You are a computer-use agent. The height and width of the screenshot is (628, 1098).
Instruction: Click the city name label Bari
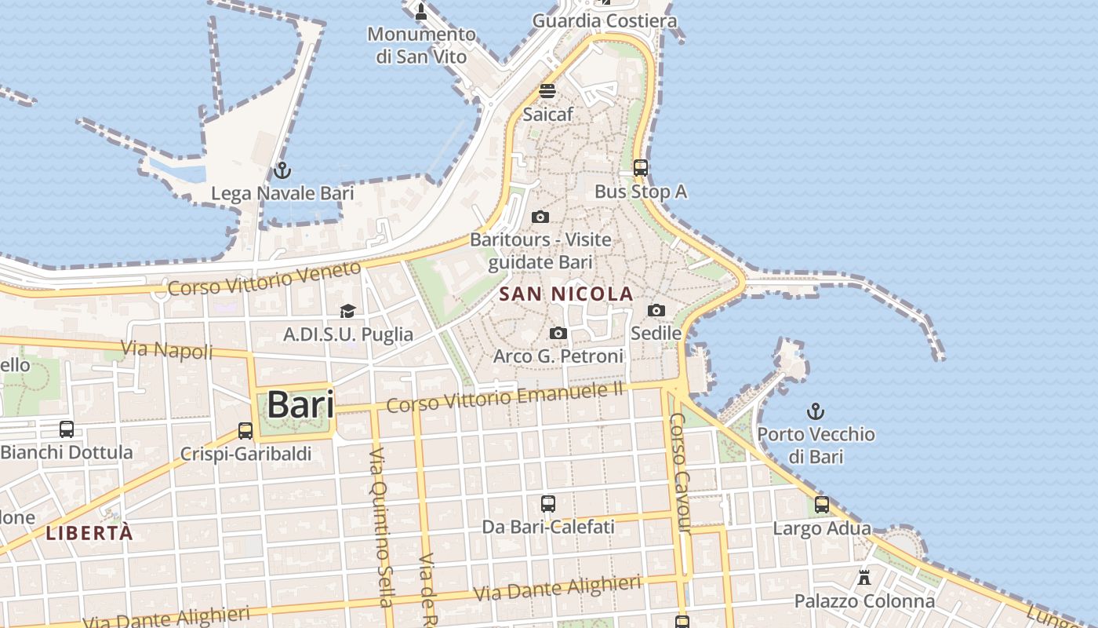pyautogui.click(x=300, y=405)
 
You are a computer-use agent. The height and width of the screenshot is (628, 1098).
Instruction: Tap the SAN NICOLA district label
pyautogui.click(x=566, y=294)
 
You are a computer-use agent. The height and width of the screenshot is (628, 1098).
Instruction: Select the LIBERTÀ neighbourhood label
pyautogui.click(x=89, y=533)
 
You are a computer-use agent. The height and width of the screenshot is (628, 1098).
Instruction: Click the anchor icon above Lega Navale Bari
pyautogui.click(x=282, y=170)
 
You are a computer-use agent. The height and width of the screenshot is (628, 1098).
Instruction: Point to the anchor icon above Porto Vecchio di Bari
pyautogui.click(x=816, y=411)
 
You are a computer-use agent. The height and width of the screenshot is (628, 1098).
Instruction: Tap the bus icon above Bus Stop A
pyautogui.click(x=641, y=167)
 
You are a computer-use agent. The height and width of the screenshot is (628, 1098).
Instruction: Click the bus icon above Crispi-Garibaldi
pyautogui.click(x=245, y=430)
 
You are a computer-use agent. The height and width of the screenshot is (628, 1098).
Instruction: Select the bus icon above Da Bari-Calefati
pyautogui.click(x=548, y=503)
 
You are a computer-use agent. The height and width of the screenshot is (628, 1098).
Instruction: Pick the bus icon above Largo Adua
pyautogui.click(x=822, y=505)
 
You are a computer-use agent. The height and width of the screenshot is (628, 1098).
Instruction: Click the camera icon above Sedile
pyautogui.click(x=656, y=310)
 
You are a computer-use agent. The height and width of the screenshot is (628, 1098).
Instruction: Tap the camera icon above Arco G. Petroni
pyautogui.click(x=558, y=333)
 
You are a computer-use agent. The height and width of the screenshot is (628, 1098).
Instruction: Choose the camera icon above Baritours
pyautogui.click(x=540, y=217)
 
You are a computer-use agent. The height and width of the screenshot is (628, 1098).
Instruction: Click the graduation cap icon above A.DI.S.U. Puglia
pyautogui.click(x=348, y=312)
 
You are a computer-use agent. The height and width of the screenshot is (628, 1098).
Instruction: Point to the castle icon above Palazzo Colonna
pyautogui.click(x=864, y=578)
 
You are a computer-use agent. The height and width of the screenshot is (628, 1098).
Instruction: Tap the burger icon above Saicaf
pyautogui.click(x=547, y=91)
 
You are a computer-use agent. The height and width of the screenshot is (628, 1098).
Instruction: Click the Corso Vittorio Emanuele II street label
pyautogui.click(x=505, y=398)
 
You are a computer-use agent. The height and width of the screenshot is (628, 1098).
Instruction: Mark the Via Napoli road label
pyautogui.click(x=167, y=350)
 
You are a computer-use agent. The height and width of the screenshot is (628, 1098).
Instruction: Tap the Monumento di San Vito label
pyautogui.click(x=421, y=46)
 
